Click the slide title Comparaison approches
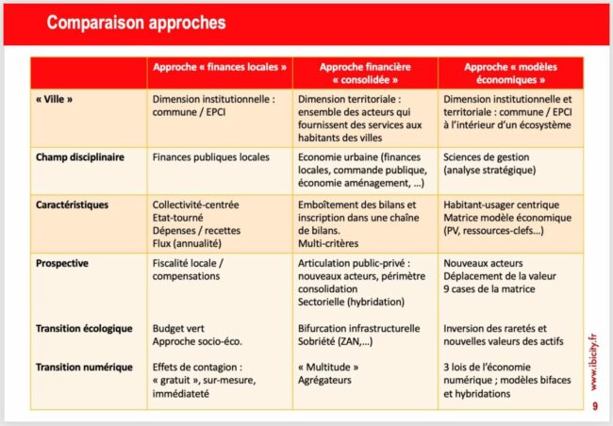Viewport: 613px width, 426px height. pyautogui.click(x=137, y=22)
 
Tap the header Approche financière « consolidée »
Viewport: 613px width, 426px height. pyautogui.click(x=365, y=74)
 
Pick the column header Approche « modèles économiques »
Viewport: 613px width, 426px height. pyautogui.click(x=510, y=74)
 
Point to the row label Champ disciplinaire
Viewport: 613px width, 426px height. pyautogui.click(x=80, y=157)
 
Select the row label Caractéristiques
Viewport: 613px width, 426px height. pyautogui.click(x=73, y=204)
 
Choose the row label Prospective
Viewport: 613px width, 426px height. pyautogui.click(x=63, y=263)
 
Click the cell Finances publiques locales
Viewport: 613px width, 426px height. pyautogui.click(x=210, y=157)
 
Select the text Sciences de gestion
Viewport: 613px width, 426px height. pyautogui.click(x=489, y=157)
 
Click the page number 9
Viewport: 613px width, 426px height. pyautogui.click(x=594, y=407)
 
